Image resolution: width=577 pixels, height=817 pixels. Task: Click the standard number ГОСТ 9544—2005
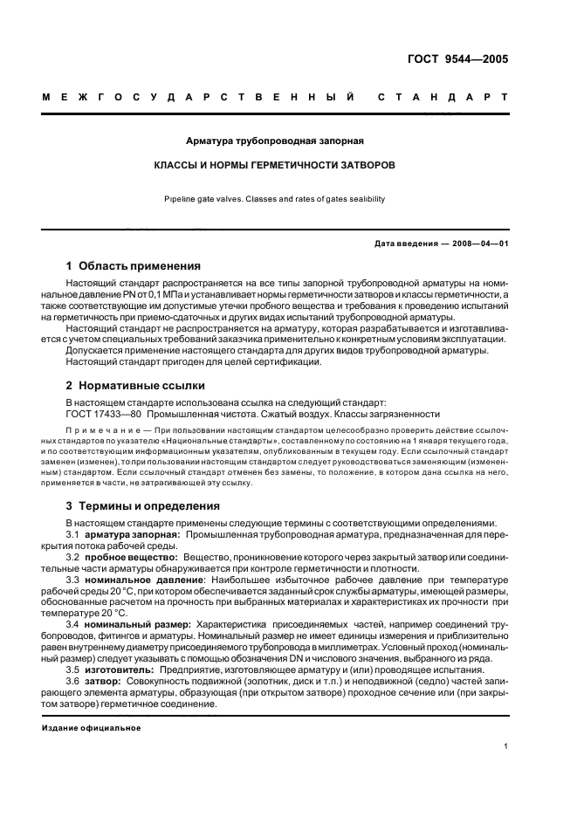point(463,59)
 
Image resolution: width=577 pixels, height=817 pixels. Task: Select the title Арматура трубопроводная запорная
point(275,140)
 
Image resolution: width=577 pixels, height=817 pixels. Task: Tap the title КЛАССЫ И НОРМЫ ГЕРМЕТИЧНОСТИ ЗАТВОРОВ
point(275,164)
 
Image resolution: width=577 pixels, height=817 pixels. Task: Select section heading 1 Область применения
point(134,265)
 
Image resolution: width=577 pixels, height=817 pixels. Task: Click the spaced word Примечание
point(104,431)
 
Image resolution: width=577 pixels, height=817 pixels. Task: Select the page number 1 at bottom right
point(505,746)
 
